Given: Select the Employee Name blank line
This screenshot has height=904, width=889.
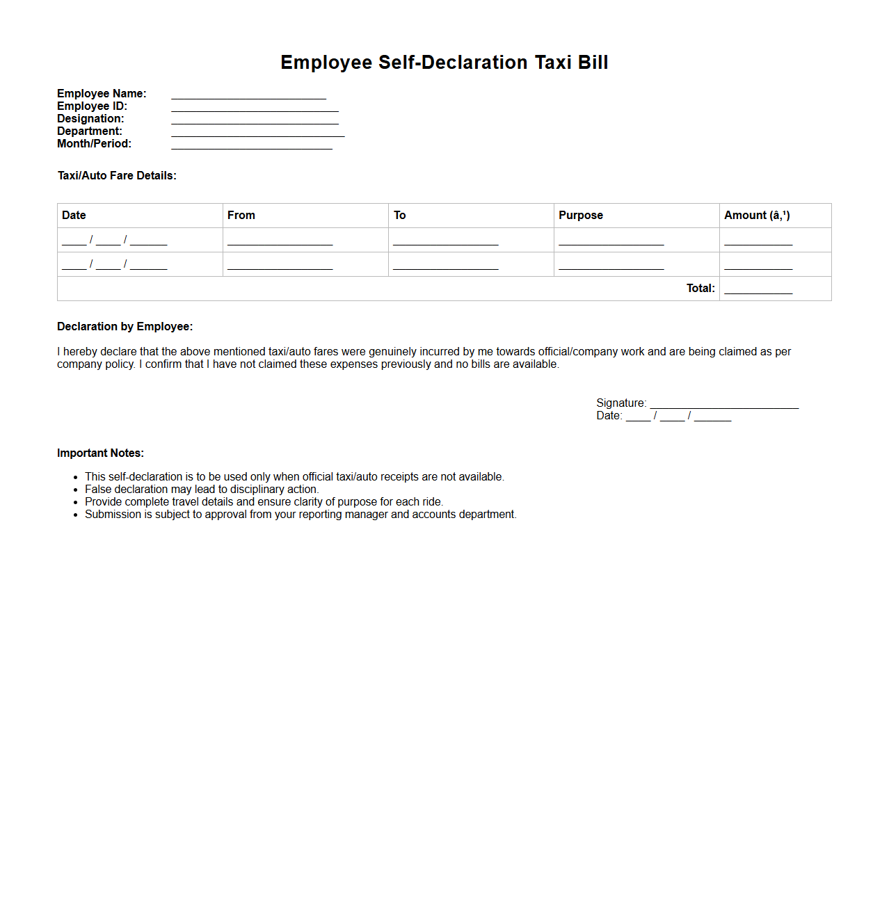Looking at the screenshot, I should [x=248, y=97].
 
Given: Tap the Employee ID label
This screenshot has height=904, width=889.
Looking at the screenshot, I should [x=92, y=106].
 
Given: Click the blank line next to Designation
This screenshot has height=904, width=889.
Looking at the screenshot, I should [x=255, y=122].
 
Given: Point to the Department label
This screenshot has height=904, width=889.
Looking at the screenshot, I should [x=89, y=131].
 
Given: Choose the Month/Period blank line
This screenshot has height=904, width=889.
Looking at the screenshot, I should [x=252, y=147].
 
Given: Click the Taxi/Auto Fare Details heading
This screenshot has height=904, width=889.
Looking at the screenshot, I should [x=117, y=176].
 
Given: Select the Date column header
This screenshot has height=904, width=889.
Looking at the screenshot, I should [x=74, y=216].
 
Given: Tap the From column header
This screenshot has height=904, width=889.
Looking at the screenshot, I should [x=241, y=216].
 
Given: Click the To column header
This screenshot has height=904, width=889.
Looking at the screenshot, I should [x=399, y=216].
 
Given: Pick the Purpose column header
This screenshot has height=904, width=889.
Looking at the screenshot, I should [x=581, y=216].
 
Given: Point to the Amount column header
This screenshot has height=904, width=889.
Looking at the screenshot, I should [x=757, y=216].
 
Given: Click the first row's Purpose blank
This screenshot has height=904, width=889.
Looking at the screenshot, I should [x=611, y=243].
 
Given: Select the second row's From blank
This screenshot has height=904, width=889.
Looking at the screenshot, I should [x=280, y=267].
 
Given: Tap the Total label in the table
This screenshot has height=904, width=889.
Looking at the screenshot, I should [x=700, y=289].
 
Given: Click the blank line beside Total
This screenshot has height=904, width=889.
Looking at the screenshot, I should [x=758, y=291].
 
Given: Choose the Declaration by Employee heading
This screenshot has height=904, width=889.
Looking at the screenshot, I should [x=125, y=327].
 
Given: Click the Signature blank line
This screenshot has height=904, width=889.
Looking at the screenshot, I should [x=724, y=406].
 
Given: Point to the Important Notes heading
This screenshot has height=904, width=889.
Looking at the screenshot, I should [x=100, y=453].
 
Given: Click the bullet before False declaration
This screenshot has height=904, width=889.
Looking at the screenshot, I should [x=76, y=490].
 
